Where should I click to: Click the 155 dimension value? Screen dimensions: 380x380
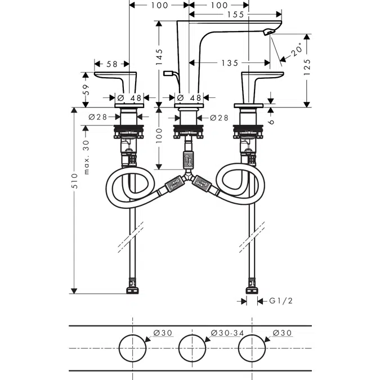235,15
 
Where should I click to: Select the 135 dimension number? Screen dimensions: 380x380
230,63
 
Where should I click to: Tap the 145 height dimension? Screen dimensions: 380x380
159,57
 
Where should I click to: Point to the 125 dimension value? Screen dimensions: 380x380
307,67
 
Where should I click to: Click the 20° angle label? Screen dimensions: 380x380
297,50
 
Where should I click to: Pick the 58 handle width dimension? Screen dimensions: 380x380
112,64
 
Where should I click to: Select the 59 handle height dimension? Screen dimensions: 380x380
86,90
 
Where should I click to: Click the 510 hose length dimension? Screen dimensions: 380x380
74,181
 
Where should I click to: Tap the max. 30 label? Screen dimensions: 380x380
86,157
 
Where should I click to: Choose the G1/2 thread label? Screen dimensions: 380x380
281,301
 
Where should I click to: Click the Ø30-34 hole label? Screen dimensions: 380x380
227,333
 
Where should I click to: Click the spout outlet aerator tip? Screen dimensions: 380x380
269,32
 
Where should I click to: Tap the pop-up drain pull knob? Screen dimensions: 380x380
168,73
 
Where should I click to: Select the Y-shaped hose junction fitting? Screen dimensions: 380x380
187,176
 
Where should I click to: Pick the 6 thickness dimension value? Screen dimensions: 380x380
271,122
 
